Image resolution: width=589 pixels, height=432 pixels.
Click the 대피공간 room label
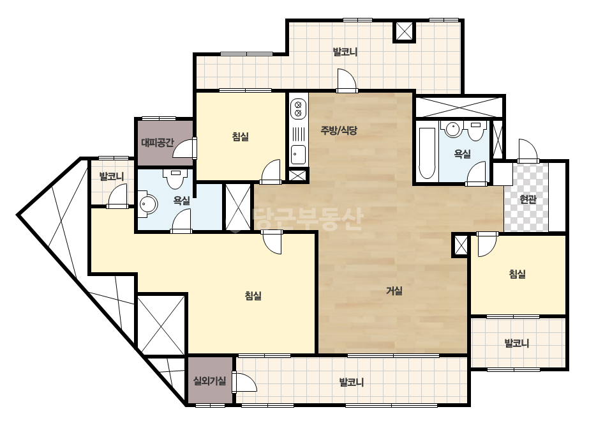coord(158,143)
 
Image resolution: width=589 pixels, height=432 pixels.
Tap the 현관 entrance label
coord(528,199)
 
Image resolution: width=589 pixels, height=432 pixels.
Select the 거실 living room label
coord(394,291)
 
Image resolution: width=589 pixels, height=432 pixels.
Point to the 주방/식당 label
coord(339,130)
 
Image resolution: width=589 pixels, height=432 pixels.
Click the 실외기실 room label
coord(209,381)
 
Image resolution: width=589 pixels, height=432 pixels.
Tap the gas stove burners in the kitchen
coord(299,109)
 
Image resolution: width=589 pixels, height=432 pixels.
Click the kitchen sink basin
coord(298,154)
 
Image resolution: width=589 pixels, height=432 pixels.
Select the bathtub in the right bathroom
coord(427,153)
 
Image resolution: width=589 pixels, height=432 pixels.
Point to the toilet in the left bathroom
coord(175,179)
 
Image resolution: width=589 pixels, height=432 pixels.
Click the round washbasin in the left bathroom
coord(147,204)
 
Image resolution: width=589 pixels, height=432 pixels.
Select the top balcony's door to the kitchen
coord(347,81)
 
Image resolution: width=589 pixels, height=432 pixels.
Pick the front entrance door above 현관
coord(528,151)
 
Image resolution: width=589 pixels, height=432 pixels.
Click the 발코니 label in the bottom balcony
coord(351,382)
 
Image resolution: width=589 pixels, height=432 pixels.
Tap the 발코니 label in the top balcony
coord(345,52)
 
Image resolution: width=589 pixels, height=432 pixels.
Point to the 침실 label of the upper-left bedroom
coord(241,136)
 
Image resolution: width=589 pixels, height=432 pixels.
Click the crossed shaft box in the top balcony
coord(404,31)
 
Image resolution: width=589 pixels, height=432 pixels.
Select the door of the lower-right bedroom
coord(487,245)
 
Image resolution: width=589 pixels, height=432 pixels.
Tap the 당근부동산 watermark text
coord(308,219)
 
